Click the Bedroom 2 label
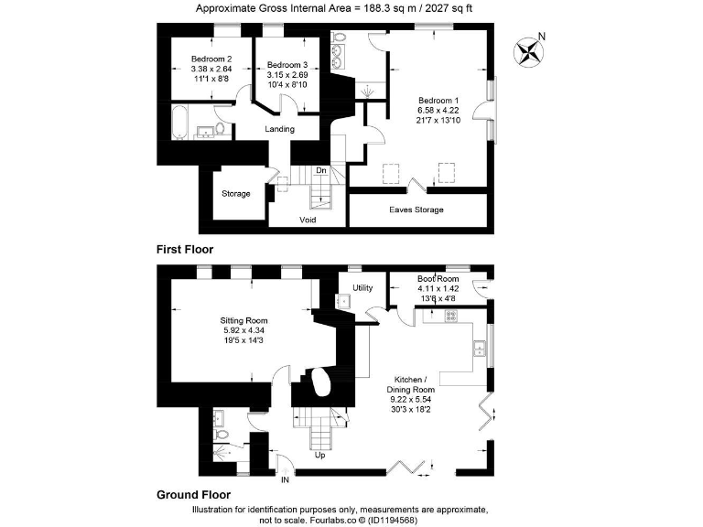click(x=210, y=57)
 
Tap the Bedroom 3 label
click(x=287, y=64)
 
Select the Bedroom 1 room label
click(x=438, y=100)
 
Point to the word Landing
click(x=280, y=129)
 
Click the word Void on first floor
click(x=308, y=220)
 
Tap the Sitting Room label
click(x=243, y=321)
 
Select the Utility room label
click(x=363, y=288)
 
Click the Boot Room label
click(x=438, y=279)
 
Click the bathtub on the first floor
click(x=180, y=122)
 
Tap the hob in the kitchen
click(x=450, y=316)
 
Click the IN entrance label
click(x=284, y=479)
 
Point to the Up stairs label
click(x=319, y=455)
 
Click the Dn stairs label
click(x=321, y=170)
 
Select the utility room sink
click(x=346, y=300)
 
